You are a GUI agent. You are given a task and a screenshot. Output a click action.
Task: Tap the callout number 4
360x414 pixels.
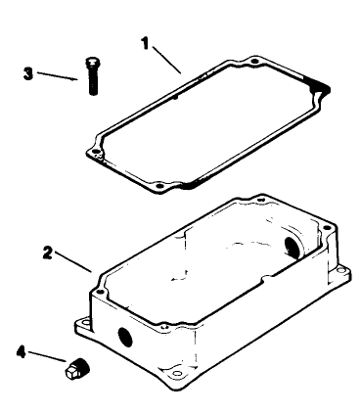click(x=22, y=346)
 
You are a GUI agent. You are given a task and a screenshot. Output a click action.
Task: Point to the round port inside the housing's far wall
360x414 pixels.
click(x=292, y=245)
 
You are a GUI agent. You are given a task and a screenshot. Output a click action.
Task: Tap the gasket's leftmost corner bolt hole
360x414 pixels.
click(x=94, y=152)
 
